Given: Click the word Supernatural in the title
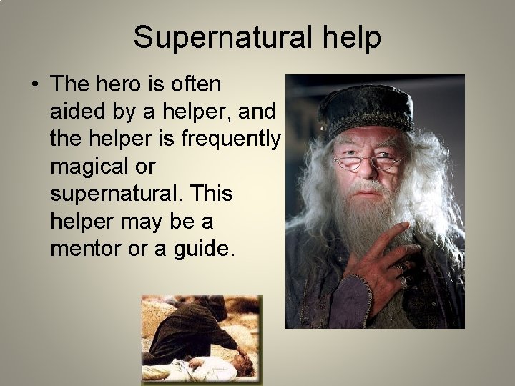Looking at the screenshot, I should [x=219, y=37].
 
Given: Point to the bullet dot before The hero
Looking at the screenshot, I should [x=34, y=85].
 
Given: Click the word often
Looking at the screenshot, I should [x=196, y=84].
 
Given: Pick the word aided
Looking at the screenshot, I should [x=77, y=112].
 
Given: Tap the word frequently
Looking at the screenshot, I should [x=230, y=139].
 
